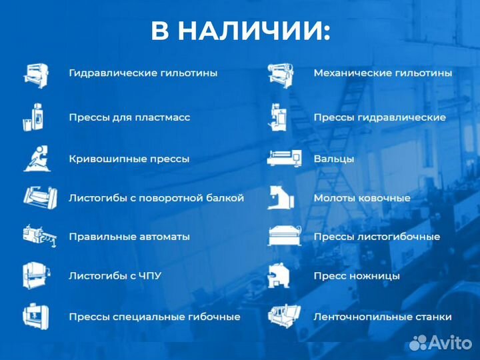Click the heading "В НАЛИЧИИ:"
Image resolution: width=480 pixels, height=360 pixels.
pos(240,31)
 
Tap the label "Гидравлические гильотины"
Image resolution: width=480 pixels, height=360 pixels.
pos(143,73)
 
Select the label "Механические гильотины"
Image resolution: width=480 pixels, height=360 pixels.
pos(383,73)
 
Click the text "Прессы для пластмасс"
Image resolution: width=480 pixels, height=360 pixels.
pos(129,117)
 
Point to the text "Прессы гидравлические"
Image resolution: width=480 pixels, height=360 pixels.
pos(379,117)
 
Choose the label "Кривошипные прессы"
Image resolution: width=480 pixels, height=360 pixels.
pos(129,159)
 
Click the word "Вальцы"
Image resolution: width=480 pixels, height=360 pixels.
pos(334,159)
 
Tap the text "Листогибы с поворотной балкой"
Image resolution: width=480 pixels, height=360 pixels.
pos(156,198)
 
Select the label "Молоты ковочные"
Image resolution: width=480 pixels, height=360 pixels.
pos(362,198)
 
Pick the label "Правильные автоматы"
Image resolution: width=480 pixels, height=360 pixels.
pos(129,237)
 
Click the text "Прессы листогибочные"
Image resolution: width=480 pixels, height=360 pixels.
pos(377,237)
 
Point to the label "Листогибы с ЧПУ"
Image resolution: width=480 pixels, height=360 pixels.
pos(115,275)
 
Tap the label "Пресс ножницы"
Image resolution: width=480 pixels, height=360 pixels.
pos(357,275)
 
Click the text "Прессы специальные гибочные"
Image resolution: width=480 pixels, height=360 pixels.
pos(154,317)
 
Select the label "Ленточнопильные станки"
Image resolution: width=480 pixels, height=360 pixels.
pos(383,317)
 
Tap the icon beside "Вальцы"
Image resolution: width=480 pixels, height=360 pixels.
pos(284,158)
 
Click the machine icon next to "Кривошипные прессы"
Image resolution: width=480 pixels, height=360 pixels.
pos(37,158)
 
